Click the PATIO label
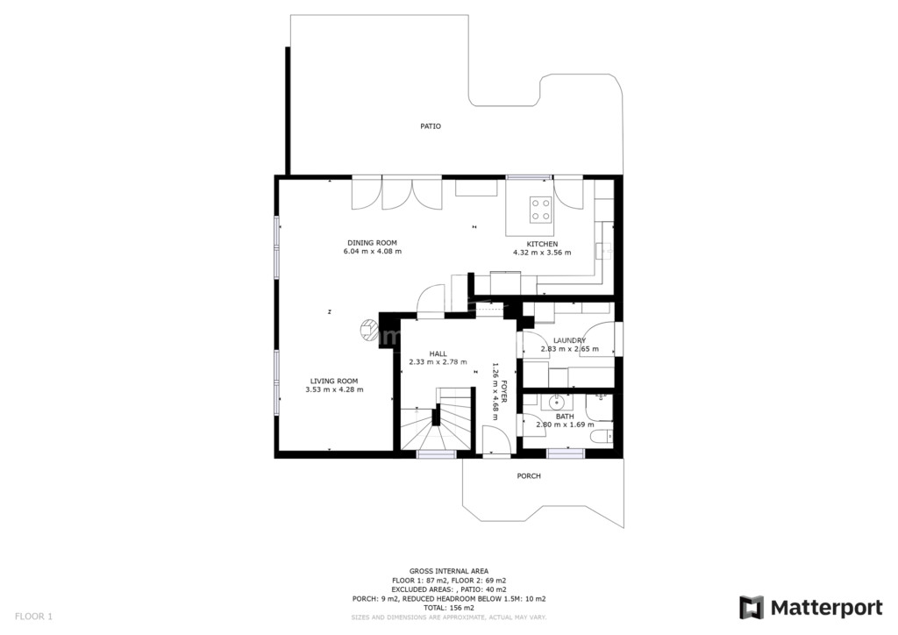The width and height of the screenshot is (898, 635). [x=431, y=126]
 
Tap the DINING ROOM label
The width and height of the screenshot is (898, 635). [x=372, y=243]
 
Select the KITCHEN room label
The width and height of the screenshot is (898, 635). [x=542, y=244]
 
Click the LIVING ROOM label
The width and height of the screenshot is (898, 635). [x=334, y=382]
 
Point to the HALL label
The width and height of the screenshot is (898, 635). [x=438, y=353]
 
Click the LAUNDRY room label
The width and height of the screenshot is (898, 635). [x=570, y=340]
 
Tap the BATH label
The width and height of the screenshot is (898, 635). [x=566, y=417]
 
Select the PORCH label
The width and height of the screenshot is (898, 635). [x=529, y=476]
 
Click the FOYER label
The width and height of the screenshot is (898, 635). [x=504, y=391]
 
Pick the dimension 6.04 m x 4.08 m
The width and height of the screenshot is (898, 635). [x=372, y=252]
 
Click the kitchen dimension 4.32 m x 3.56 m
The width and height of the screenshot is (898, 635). [x=542, y=253]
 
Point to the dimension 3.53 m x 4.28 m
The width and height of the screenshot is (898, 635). [x=334, y=390]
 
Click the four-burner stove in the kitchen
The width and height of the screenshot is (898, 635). [x=540, y=209]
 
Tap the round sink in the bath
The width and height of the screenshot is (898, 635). [x=552, y=403]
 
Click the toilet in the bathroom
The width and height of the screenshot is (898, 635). [x=602, y=438]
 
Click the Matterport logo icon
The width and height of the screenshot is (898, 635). [x=751, y=608]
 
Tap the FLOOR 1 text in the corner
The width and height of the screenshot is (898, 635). [x=33, y=617]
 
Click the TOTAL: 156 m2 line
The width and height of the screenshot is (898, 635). [x=449, y=608]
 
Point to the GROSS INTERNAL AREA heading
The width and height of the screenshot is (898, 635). [x=449, y=571]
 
